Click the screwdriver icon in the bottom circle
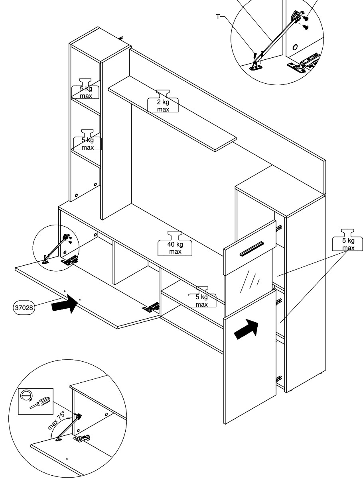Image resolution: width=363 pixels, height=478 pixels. point(40,401)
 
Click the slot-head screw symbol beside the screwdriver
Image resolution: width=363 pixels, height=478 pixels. point(27,396)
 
